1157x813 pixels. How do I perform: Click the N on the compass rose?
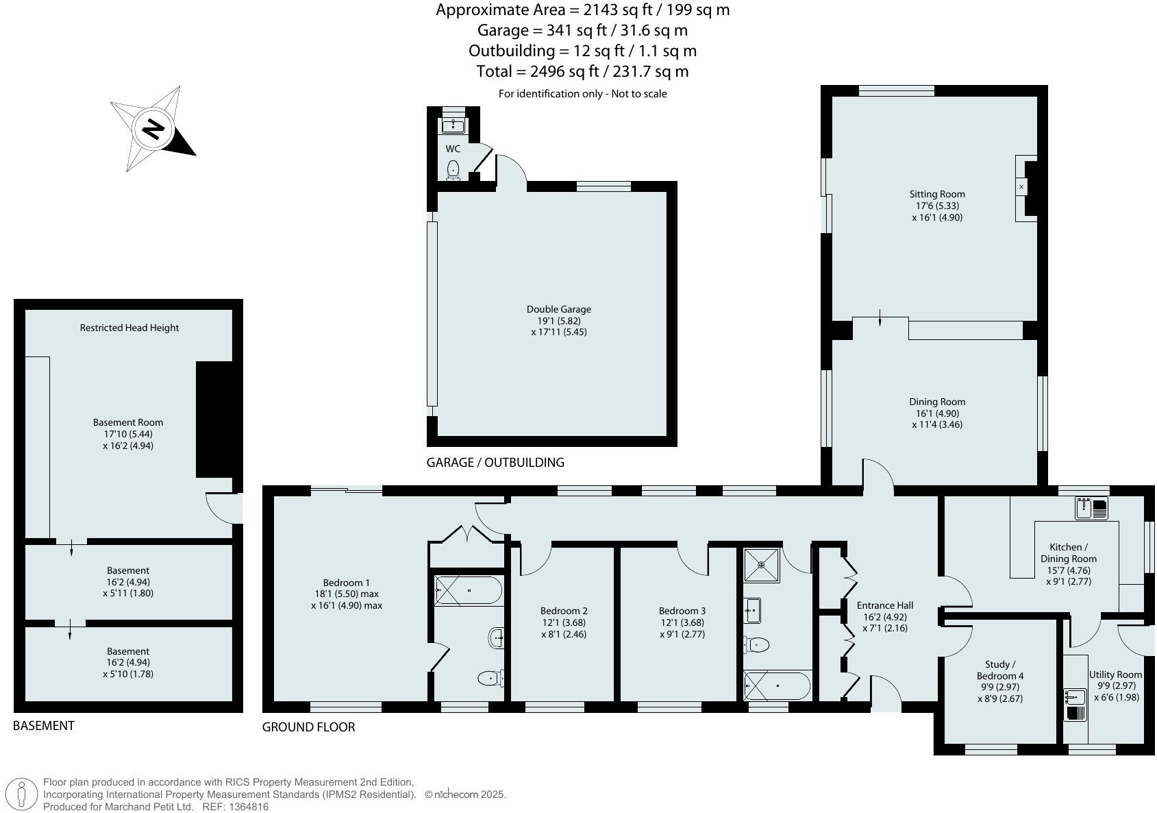155,129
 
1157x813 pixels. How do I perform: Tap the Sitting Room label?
936,194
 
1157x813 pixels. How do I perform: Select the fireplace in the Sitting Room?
1021,186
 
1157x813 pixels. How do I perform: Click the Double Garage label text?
558,309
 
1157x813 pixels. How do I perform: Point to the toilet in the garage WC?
453,169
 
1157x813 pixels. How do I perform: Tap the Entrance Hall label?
884,605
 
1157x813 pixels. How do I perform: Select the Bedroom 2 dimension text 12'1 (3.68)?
564,622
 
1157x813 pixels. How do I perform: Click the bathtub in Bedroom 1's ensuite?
469,590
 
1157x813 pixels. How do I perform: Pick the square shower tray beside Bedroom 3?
761,565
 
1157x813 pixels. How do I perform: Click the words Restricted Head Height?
129,328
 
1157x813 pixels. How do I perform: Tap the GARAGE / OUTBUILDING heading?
495,462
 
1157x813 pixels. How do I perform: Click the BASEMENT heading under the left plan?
43,725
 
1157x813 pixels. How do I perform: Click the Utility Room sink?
1075,698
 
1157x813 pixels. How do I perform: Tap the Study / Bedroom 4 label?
999,670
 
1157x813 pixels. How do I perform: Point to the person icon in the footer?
22,795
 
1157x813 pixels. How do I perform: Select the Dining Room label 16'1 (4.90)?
936,413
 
